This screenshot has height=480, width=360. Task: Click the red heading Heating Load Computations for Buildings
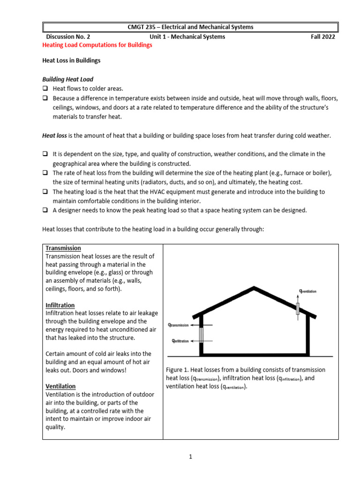(x=97, y=45)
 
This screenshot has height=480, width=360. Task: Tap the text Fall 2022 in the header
(x=323, y=37)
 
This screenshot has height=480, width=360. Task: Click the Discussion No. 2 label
(x=67, y=37)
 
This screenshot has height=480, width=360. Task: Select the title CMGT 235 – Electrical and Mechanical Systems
(x=190, y=27)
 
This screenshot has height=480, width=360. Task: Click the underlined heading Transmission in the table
(x=63, y=248)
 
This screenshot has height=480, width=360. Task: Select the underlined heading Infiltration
(x=60, y=305)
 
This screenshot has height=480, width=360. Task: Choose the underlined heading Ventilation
(x=60, y=386)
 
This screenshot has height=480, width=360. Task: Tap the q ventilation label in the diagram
(x=308, y=291)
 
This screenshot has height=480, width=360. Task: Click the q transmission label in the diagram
(x=179, y=324)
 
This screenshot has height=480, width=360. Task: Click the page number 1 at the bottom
(x=191, y=457)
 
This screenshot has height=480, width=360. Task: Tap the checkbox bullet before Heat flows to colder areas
(x=45, y=89)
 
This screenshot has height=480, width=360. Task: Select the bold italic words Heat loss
(x=55, y=135)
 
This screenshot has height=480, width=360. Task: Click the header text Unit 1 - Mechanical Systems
(x=187, y=37)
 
